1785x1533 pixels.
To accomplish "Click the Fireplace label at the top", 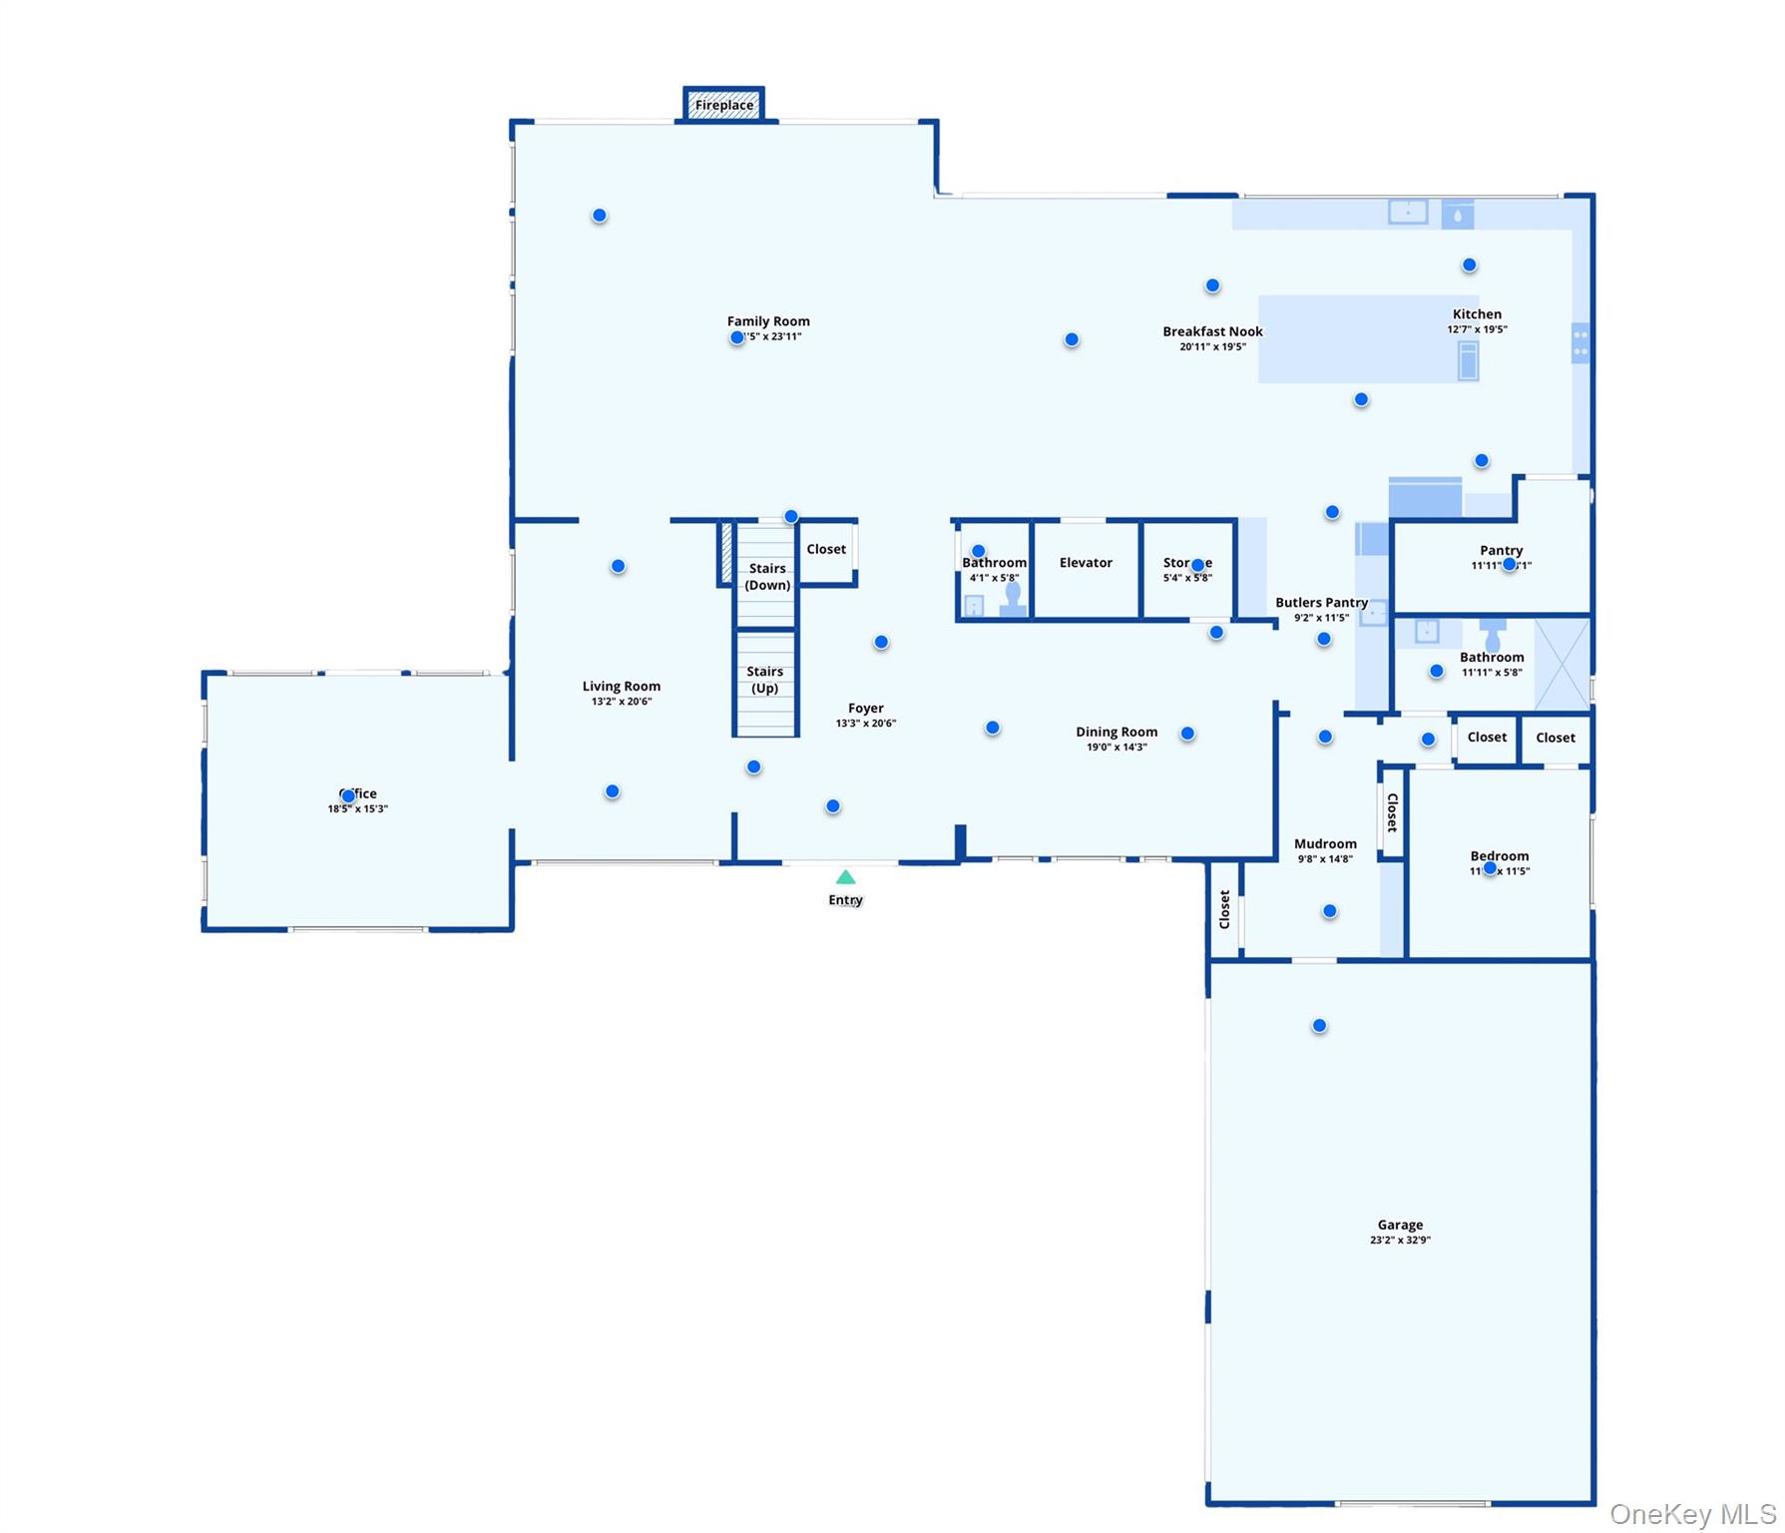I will coord(724,105).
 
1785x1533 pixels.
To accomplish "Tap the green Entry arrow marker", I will coord(845,877).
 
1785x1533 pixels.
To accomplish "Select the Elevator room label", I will coord(1086,563).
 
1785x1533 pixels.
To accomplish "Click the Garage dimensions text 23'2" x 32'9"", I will coord(1400,1241).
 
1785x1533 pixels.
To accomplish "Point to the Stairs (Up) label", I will coord(764,680).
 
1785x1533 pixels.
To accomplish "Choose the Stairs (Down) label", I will coord(767,576).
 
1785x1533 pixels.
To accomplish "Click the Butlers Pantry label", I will coord(1321,603).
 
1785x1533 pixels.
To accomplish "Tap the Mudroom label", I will coord(1325,844).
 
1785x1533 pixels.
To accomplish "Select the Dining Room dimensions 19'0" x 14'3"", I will coord(1116,748).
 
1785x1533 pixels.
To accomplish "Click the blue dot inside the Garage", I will coord(1319,1026).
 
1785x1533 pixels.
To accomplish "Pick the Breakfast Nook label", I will coord(1212,331).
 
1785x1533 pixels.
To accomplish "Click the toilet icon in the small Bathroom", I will coord(1013,598).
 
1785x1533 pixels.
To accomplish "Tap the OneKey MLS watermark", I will coord(1692,1514).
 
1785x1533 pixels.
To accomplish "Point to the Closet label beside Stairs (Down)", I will coord(826,549).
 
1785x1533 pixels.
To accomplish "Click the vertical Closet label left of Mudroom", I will coord(1224,909).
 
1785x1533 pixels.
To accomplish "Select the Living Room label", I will coord(621,687).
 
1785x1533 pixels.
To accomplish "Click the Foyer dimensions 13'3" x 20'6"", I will coord(865,724).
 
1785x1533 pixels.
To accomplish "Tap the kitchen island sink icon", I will coord(1468,360).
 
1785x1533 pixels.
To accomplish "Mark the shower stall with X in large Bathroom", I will coord(1562,664).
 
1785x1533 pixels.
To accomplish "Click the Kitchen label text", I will coord(1477,314).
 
